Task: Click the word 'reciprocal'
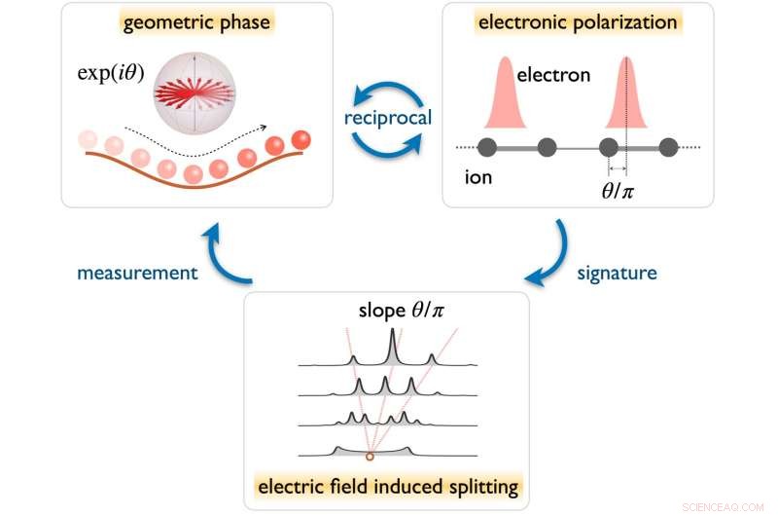(x=387, y=118)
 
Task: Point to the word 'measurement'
(x=138, y=274)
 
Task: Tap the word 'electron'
(x=553, y=74)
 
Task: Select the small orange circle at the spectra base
(x=370, y=456)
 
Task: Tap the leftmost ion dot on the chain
(x=488, y=147)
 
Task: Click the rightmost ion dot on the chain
(x=668, y=147)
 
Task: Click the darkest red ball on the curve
(x=301, y=140)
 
